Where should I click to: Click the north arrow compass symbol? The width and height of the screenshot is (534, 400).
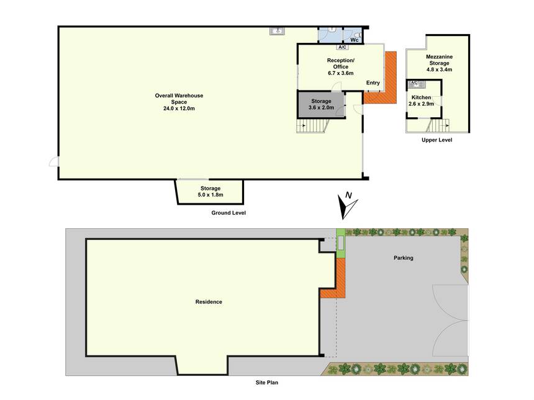pos(346,206)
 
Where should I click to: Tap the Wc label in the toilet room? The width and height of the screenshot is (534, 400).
pos(355,40)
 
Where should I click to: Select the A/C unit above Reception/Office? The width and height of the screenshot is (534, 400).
pos(342,47)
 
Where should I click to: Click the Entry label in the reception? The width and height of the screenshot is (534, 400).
pos(373,82)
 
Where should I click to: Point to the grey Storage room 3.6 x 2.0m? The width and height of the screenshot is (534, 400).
pos(321,104)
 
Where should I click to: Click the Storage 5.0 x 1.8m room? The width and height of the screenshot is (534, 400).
pos(210,192)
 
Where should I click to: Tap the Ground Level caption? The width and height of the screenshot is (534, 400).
pos(229,213)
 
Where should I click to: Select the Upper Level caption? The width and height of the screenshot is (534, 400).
pos(437,140)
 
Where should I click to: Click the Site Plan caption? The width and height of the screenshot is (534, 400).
pos(266,382)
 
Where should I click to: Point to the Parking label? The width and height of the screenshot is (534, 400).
pos(403,258)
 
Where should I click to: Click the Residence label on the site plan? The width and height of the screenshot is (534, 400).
pos(209,301)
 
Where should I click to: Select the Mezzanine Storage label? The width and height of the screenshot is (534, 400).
pos(440,60)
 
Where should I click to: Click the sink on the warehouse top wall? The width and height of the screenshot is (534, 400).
pos(277,31)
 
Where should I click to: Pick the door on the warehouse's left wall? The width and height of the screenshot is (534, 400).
pos(54,162)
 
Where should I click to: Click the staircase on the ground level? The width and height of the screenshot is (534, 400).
pos(312,126)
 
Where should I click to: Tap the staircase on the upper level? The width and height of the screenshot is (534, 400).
pos(437,125)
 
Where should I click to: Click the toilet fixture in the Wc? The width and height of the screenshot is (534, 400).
pos(357,35)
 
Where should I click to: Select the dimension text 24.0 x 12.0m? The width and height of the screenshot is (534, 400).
pos(179,109)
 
